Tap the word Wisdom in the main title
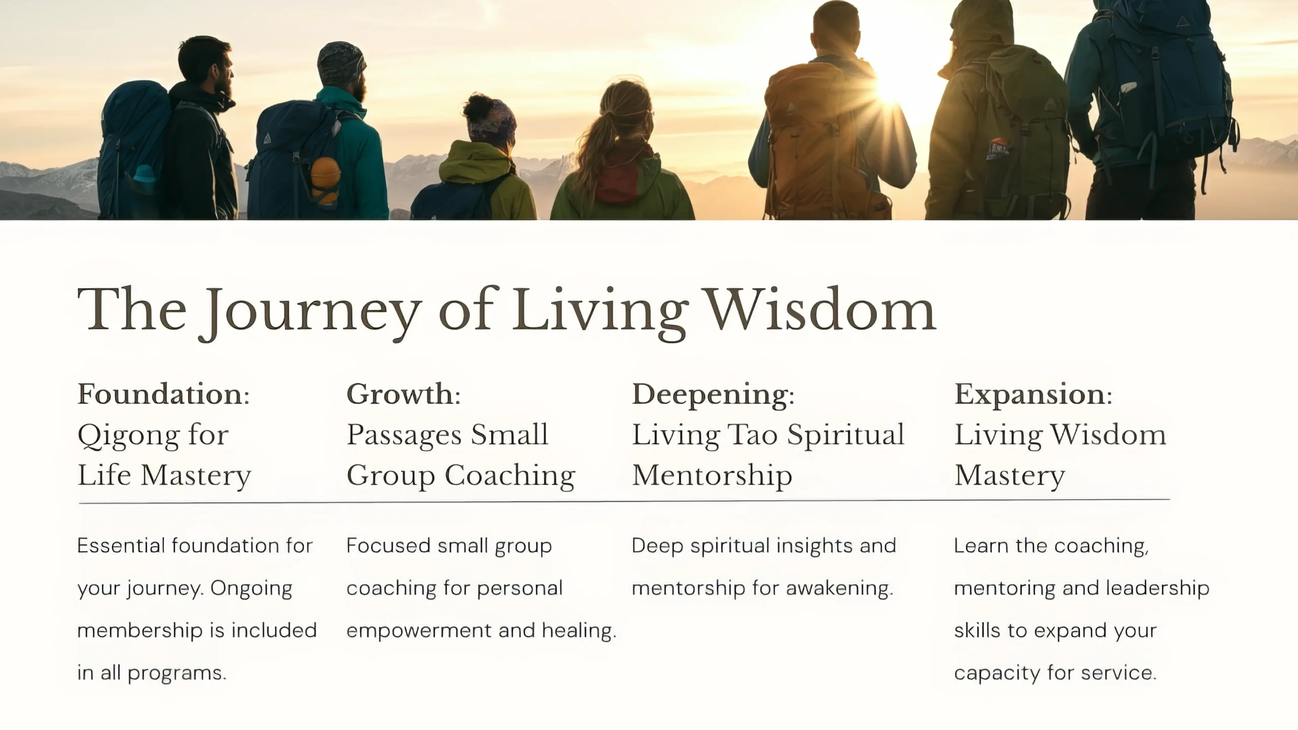(821, 309)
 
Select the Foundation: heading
(164, 394)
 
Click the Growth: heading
(404, 394)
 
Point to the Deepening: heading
(713, 395)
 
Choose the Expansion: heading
(1033, 395)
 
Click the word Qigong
(128, 436)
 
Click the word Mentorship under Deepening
(712, 476)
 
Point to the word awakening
(840, 589)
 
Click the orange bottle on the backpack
(325, 180)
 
